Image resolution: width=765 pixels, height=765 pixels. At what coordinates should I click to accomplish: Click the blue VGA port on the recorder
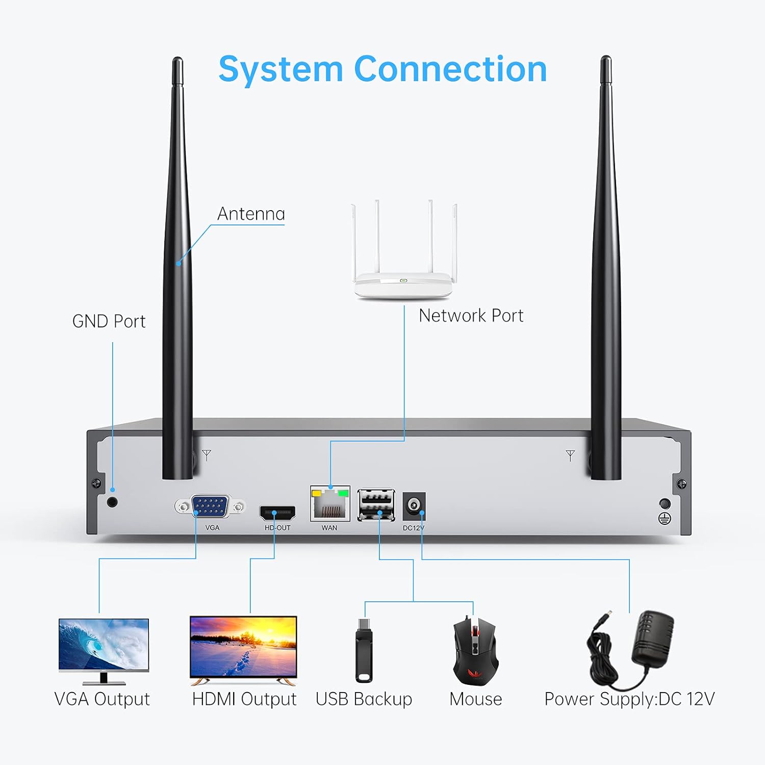210,506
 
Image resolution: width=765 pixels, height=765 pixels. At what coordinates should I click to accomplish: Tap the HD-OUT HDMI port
277,512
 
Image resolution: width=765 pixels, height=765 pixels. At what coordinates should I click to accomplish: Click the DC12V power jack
414,506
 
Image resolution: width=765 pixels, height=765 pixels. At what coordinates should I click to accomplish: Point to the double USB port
376,504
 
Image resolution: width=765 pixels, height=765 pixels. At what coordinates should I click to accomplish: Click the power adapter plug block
653,637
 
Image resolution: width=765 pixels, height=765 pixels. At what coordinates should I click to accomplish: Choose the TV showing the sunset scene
243,646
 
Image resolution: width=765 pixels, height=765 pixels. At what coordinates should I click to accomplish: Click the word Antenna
251,214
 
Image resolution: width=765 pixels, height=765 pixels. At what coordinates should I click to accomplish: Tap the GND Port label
109,321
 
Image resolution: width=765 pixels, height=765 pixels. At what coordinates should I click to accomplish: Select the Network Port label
471,316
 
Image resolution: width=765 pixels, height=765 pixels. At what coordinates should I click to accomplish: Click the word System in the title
280,70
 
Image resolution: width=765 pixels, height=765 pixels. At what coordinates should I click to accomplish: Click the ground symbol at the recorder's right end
665,519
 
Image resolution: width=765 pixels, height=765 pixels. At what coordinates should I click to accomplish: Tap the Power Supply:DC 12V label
629,699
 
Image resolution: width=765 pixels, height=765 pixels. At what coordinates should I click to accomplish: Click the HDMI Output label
244,699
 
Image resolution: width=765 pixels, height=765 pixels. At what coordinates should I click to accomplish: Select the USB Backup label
364,699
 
